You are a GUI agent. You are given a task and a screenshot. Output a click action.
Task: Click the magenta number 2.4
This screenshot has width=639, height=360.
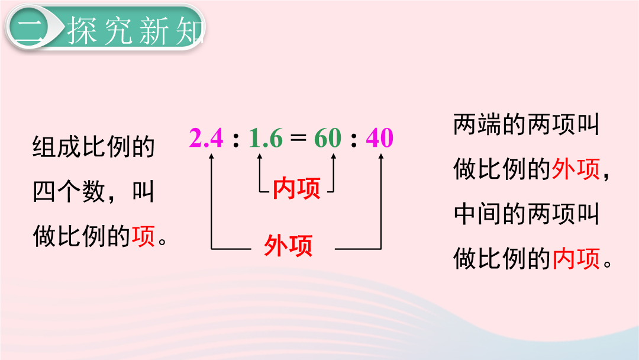(206, 137)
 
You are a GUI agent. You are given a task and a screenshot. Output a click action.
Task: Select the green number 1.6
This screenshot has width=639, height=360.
(265, 137)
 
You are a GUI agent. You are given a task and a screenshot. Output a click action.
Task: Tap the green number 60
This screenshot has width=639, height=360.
(328, 137)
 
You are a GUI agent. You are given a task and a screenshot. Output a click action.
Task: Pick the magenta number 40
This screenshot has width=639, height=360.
(379, 137)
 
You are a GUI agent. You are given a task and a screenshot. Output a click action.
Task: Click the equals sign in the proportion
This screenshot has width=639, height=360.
(298, 137)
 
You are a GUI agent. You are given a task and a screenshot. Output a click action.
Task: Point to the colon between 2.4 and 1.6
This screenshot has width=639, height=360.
(235, 139)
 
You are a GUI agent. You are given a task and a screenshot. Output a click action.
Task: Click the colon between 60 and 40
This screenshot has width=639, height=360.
(353, 139)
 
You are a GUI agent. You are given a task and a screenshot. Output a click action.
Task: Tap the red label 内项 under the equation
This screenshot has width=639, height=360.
(296, 188)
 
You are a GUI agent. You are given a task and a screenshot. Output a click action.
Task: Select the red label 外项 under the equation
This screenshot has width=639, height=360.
(288, 246)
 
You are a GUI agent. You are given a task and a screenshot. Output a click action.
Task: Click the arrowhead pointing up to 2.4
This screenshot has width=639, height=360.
(211, 156)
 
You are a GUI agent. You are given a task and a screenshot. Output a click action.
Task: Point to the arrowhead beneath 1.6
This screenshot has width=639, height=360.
(260, 156)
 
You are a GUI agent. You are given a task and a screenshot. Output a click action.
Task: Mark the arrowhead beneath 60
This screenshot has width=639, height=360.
(333, 156)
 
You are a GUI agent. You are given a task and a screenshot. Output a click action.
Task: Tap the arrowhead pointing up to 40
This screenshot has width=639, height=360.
(381, 156)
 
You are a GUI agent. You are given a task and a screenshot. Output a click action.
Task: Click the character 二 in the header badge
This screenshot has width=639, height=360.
(28, 30)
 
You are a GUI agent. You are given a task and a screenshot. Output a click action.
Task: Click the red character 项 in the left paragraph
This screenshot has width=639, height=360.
(143, 236)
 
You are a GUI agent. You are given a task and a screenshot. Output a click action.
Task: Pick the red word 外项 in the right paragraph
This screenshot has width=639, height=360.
(576, 169)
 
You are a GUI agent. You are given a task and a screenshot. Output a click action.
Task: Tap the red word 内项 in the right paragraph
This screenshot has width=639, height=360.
(576, 259)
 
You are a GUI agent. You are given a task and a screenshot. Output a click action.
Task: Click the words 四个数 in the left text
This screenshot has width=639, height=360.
(69, 191)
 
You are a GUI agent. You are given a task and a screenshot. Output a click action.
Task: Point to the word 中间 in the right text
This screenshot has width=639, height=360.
(477, 214)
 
